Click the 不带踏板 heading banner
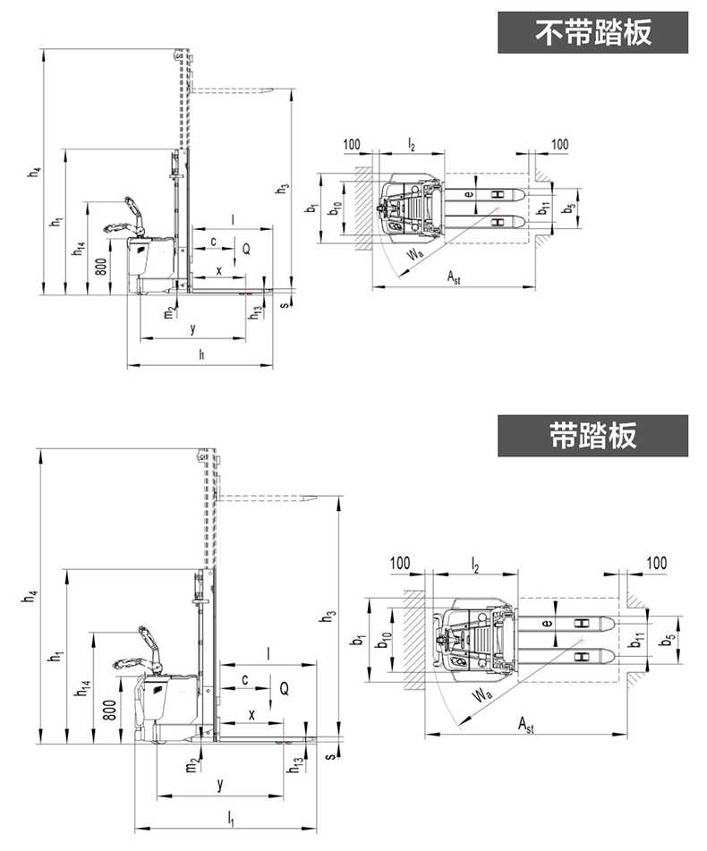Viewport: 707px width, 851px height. coord(592,32)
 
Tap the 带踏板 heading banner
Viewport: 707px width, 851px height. coord(592,436)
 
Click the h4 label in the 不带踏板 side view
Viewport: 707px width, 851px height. coord(35,172)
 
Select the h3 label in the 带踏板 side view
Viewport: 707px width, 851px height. coord(330,616)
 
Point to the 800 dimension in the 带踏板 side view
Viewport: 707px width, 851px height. coord(109,710)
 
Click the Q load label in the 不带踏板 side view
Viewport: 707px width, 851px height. coord(246,249)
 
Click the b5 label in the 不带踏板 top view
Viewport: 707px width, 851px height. coord(567,208)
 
